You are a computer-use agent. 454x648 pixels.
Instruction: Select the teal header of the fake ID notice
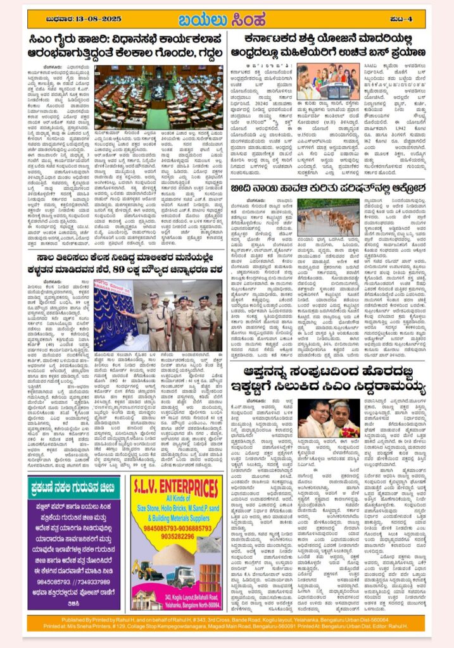coord(73,487)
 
